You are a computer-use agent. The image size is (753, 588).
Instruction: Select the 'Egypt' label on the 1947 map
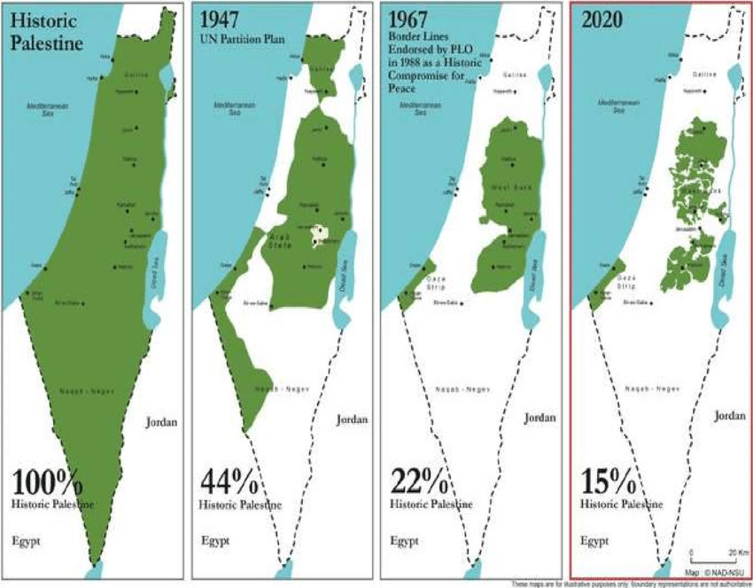tap(215, 539)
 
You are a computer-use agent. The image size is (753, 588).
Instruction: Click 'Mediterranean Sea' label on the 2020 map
tap(614, 107)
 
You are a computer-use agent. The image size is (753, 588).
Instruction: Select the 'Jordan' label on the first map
tap(161, 422)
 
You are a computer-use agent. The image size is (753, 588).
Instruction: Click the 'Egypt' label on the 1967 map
tap(405, 539)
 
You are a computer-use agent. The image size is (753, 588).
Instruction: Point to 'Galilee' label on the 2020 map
tap(704, 74)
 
